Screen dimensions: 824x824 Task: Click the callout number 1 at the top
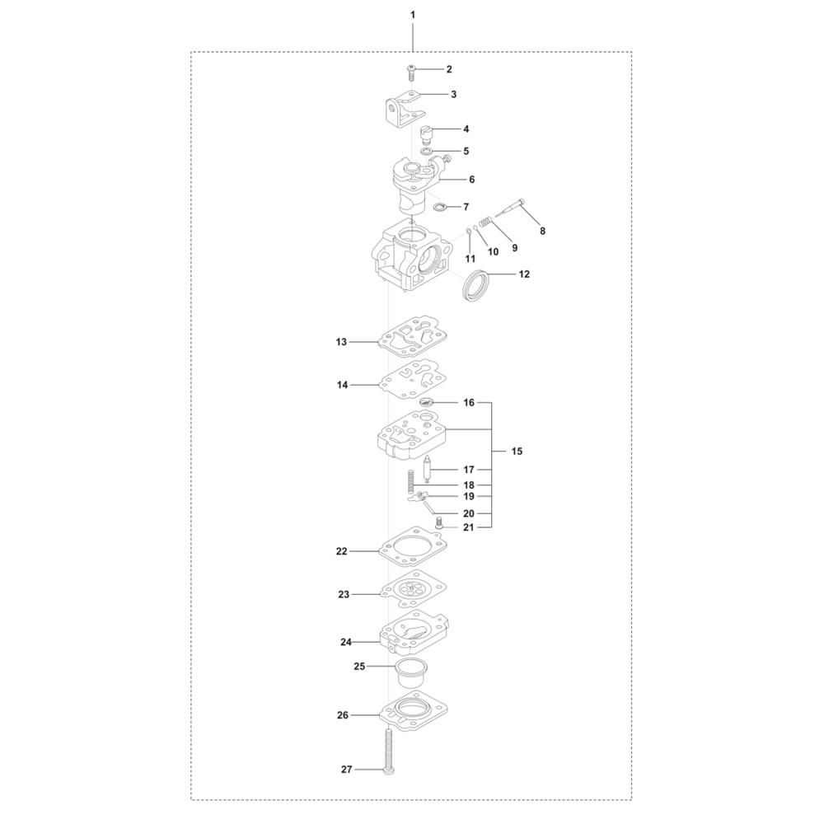tap(413, 15)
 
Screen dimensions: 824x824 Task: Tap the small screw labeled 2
tap(412, 73)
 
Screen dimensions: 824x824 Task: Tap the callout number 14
tap(343, 385)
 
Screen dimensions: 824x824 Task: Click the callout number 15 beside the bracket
tap(517, 452)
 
